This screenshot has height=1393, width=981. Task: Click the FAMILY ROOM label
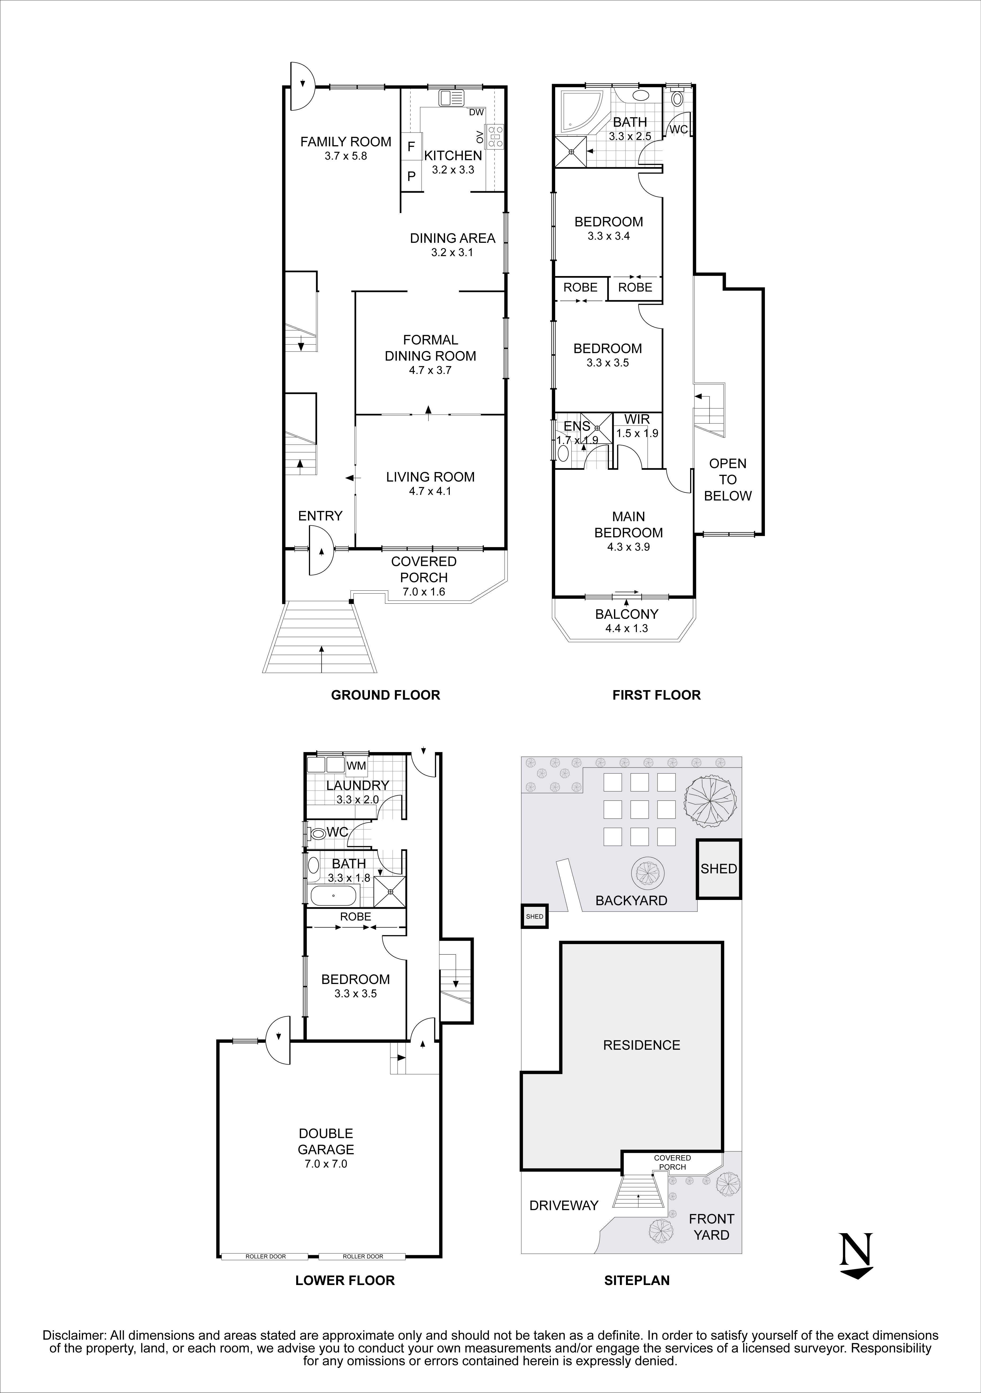(x=345, y=142)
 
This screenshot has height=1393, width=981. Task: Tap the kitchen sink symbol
(x=452, y=97)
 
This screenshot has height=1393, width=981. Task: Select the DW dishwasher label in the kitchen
(x=477, y=112)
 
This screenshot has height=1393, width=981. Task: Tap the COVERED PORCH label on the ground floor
(x=424, y=570)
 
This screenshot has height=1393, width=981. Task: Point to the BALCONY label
(x=626, y=614)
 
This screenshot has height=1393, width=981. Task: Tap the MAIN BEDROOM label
(x=628, y=525)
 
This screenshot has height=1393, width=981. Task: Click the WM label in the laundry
(x=356, y=766)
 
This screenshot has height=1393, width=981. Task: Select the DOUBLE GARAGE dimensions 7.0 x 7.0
(x=326, y=1164)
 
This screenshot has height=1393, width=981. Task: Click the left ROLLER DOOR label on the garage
(x=265, y=1257)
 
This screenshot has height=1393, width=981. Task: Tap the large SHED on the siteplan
(x=719, y=869)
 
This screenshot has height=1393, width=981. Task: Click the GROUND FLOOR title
(x=385, y=695)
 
